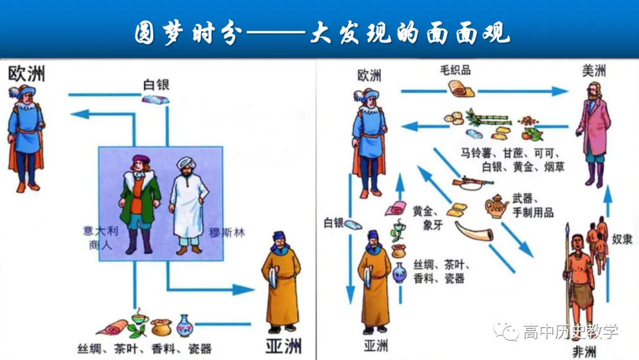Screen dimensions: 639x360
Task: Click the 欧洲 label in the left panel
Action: tap(27, 75)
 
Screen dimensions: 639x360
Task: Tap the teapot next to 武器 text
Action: tap(497, 207)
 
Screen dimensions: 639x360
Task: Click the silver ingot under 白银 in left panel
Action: tap(156, 99)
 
